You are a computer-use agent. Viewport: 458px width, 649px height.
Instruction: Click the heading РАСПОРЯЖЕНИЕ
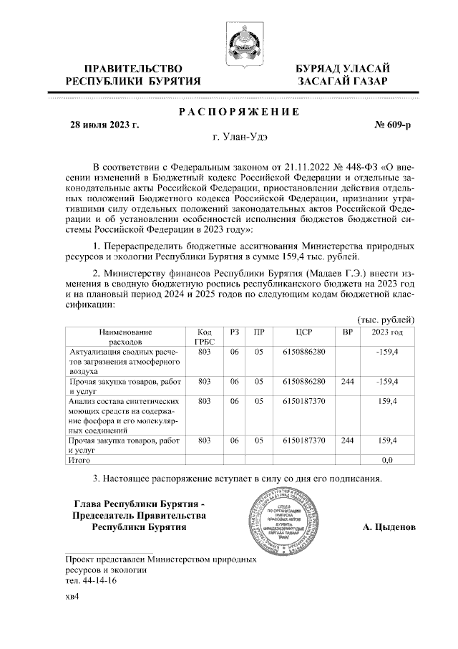(x=237, y=112)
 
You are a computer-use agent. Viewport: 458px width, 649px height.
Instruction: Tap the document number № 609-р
(x=393, y=125)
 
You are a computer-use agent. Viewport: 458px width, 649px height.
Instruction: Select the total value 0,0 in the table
(x=387, y=460)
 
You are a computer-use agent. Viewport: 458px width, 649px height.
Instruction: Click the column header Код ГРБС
(x=204, y=337)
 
